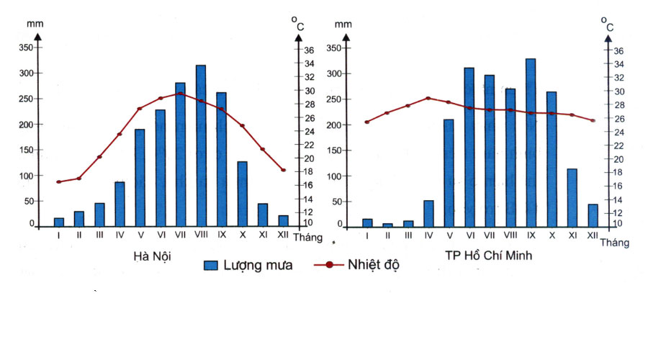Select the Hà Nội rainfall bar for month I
(59, 222)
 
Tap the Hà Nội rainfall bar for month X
(242, 194)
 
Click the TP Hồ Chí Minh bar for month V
(449, 173)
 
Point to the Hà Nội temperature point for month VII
(180, 94)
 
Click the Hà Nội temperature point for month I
(59, 181)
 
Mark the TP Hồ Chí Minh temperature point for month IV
(428, 98)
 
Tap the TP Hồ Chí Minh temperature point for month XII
(593, 120)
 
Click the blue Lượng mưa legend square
(211, 264)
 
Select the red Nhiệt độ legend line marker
(329, 264)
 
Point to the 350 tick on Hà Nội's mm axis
(26, 48)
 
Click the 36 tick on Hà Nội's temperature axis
(308, 51)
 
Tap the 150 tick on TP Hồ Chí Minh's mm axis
(336, 150)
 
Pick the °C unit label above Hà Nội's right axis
(297, 24)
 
